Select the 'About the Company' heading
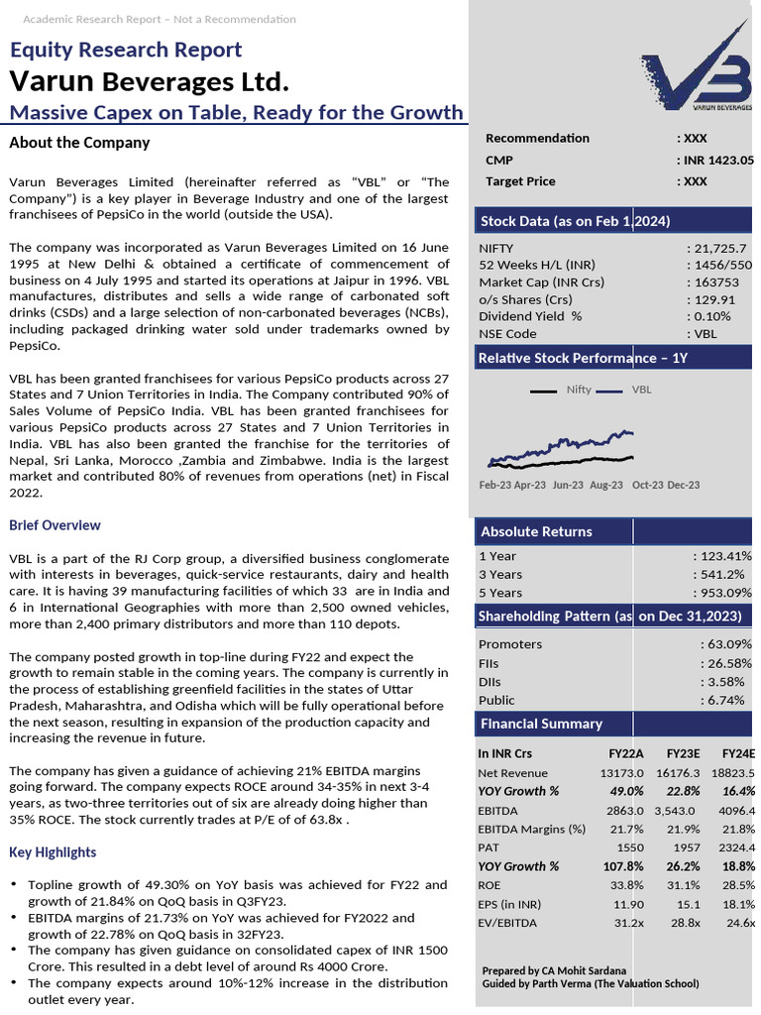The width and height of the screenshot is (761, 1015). click(x=79, y=143)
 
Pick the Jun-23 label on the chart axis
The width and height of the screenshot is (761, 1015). click(x=568, y=485)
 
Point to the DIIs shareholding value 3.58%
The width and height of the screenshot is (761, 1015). click(x=721, y=681)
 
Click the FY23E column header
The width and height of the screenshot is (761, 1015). click(x=684, y=753)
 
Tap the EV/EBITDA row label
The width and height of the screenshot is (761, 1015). click(x=507, y=923)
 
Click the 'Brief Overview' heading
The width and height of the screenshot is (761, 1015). click(x=54, y=525)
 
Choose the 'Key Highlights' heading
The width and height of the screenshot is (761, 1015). click(x=53, y=852)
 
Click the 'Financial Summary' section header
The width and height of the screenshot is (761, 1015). click(x=541, y=724)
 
